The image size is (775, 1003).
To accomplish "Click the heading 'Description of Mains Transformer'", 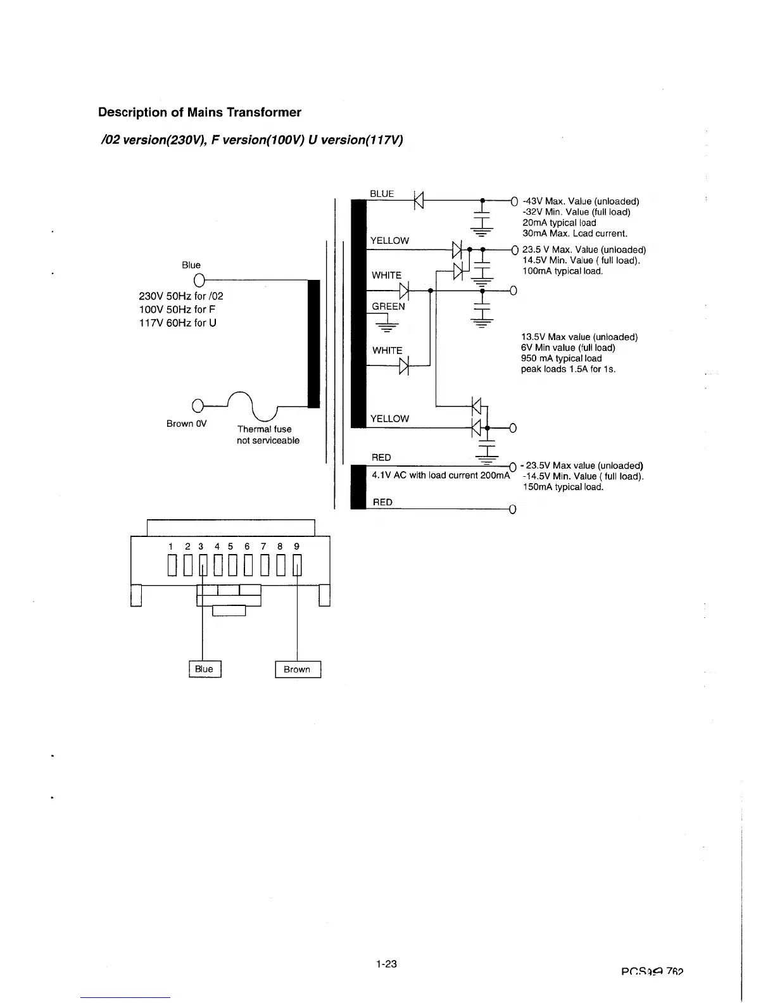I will [199, 113].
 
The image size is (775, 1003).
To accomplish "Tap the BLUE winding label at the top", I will [382, 194].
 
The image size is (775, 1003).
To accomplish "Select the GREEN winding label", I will [388, 306].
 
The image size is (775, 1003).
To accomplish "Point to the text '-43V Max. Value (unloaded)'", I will [581, 201].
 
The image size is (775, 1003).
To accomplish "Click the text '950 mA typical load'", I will [561, 358].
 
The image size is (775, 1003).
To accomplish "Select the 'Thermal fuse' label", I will [264, 429].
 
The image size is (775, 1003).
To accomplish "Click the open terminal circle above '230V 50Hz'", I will [198, 280].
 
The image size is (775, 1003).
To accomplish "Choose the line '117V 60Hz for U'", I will [177, 323].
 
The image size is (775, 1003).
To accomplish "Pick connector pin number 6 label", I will [247, 546].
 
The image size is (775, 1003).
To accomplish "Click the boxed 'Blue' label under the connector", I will [204, 669].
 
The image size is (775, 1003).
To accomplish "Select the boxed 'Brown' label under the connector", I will [297, 669].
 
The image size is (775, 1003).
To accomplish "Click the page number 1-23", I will [386, 964].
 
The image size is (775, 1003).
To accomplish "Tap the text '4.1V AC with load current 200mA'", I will [441, 476].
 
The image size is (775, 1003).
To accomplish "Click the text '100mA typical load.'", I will [562, 271].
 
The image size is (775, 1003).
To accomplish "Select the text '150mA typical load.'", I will [563, 487].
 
